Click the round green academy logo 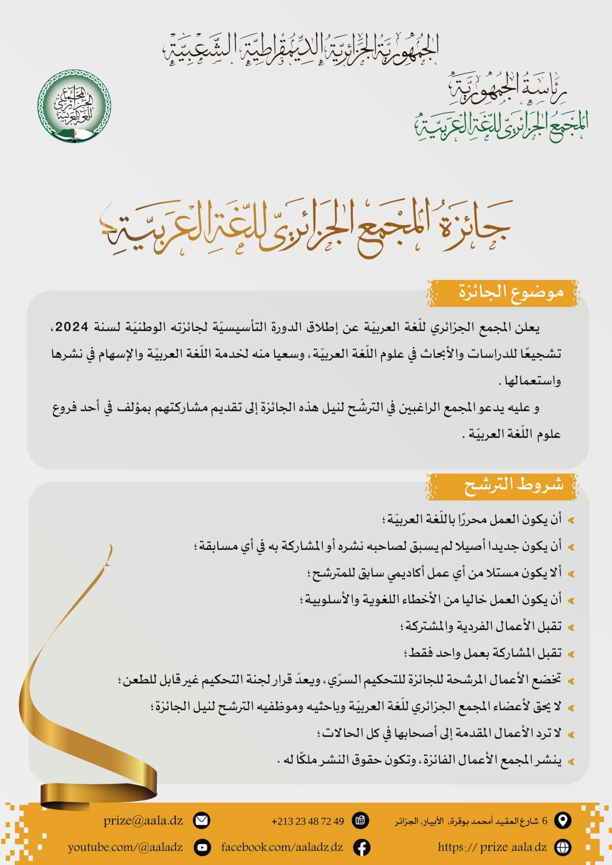click(74, 106)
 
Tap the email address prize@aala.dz click(143, 820)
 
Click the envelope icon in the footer click(201, 821)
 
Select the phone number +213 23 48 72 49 click(308, 821)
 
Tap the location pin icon click(562, 820)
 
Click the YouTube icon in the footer click(202, 847)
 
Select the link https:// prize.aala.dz click(492, 847)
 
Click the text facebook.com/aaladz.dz click(282, 847)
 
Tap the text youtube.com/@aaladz click(125, 847)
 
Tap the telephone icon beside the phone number click(361, 821)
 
